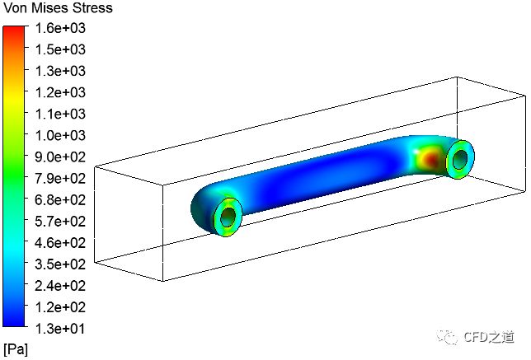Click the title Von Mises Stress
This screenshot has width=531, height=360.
click(58, 8)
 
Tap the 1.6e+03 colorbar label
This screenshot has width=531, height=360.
click(60, 28)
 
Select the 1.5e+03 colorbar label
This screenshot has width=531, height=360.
click(60, 49)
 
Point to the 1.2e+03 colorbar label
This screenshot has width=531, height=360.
click(60, 92)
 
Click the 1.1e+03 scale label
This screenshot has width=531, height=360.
click(60, 114)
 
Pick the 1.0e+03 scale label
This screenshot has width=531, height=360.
click(60, 135)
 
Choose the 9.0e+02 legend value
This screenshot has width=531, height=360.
click(60, 157)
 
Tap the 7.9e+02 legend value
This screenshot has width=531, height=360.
click(60, 178)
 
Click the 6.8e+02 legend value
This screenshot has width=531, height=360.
click(60, 200)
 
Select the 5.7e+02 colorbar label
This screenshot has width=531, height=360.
click(60, 222)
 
